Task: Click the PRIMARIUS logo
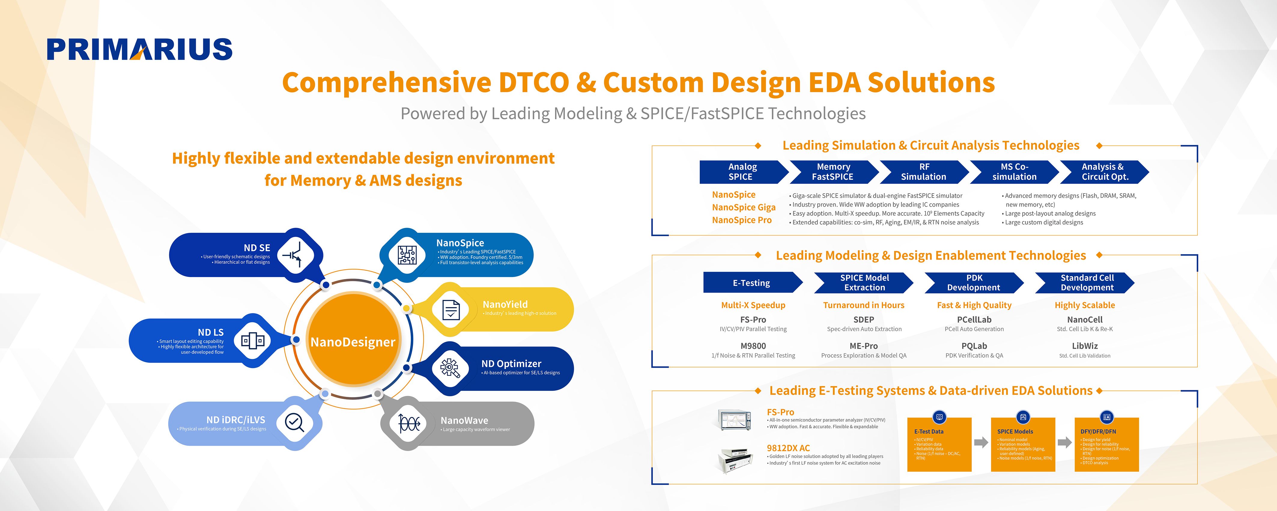pos(139,49)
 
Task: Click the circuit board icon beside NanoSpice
pos(407,255)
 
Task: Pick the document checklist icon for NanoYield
pos(450,310)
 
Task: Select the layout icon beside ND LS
pos(252,340)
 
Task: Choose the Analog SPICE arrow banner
pos(742,172)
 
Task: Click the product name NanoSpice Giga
pos(744,208)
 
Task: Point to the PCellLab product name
pos(974,320)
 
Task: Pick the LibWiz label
pos(1085,346)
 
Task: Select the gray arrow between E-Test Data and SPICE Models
pos(981,442)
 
